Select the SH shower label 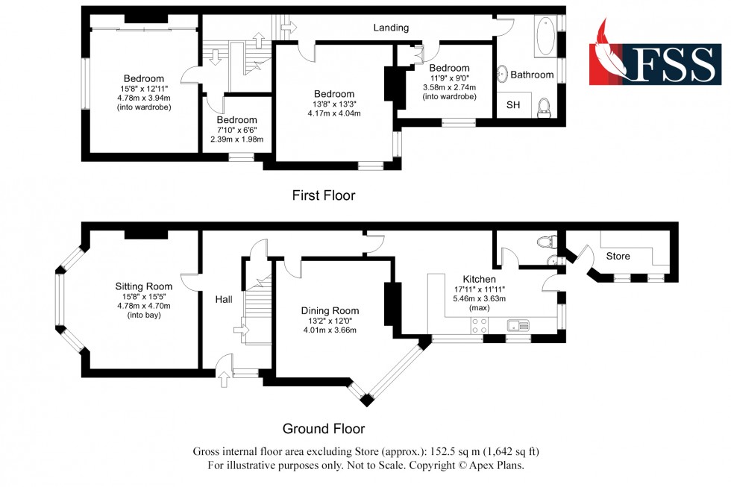pyautogui.click(x=513, y=105)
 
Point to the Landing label pyautogui.click(x=392, y=28)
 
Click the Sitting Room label pyautogui.click(x=144, y=286)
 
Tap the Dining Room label pyautogui.click(x=330, y=310)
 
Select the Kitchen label pyautogui.click(x=479, y=280)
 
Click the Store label pyautogui.click(x=618, y=256)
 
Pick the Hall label pyautogui.click(x=223, y=299)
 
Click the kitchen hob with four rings pyautogui.click(x=480, y=325)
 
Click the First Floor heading pyautogui.click(x=323, y=195)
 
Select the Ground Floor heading pyautogui.click(x=323, y=429)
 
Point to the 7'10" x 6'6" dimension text pyautogui.click(x=236, y=130)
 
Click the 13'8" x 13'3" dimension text pyautogui.click(x=333, y=104)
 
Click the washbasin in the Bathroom pyautogui.click(x=504, y=74)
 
